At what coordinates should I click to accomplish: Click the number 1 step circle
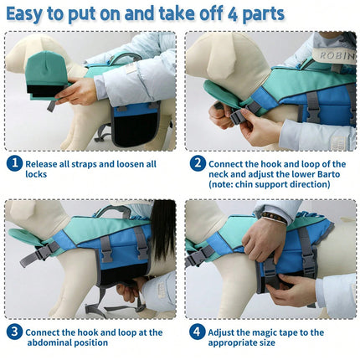click(x=14, y=163)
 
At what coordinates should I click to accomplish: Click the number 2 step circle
click(x=198, y=163)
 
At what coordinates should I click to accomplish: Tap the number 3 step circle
click(x=14, y=332)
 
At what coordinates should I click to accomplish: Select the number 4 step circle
click(x=197, y=332)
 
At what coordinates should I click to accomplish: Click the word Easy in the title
click(x=24, y=14)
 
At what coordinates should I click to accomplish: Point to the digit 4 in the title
click(x=232, y=14)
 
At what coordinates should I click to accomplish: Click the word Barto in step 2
click(x=328, y=174)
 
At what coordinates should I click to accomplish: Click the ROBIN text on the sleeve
click(x=337, y=55)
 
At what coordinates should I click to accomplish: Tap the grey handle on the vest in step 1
click(x=122, y=58)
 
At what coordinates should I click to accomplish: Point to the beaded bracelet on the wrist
click(x=275, y=218)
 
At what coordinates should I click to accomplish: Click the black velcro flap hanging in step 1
click(x=136, y=129)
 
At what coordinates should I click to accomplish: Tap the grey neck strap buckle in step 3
click(x=44, y=253)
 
